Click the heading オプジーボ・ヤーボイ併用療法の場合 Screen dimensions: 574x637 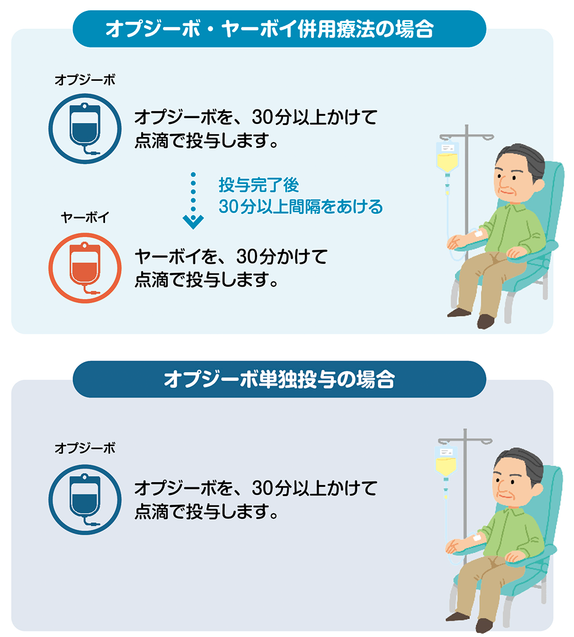(269, 29)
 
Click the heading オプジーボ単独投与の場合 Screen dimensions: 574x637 (279, 380)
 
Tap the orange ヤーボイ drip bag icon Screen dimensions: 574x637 (85, 268)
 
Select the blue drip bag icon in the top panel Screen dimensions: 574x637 (85, 129)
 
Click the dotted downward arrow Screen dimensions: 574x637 (193, 200)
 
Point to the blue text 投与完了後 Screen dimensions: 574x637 (259, 185)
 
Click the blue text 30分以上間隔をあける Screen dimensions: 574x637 (301, 206)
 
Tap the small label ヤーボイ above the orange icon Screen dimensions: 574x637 (85, 218)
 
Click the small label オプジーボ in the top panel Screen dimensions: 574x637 (85, 80)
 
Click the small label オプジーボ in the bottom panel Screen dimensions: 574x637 (85, 448)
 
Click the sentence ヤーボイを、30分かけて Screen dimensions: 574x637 (231, 257)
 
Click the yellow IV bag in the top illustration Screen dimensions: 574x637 (448, 158)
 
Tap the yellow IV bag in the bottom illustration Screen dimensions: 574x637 (446, 462)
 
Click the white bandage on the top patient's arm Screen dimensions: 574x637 (478, 234)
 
